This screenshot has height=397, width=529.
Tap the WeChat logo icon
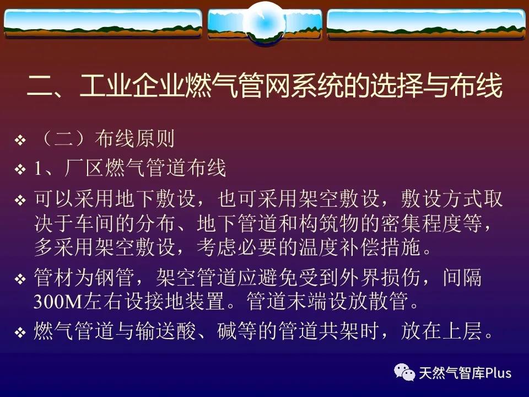click(404, 372)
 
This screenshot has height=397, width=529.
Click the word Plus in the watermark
click(498, 373)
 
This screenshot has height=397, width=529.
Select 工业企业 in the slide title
click(132, 85)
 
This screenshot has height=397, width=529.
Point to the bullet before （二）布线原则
click(20, 140)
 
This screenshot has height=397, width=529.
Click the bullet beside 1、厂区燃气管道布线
click(20, 169)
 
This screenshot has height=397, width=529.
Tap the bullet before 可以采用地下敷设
click(20, 200)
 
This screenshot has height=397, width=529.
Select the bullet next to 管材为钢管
click(20, 279)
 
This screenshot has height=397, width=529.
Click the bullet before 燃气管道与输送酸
click(20, 332)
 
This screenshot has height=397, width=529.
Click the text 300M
click(58, 302)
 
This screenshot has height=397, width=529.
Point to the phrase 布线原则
click(134, 139)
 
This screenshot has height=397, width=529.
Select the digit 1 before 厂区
click(38, 169)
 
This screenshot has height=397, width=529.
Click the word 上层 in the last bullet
click(462, 331)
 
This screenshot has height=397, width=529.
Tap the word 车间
click(95, 223)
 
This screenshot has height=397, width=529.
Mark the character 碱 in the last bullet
click(226, 331)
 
